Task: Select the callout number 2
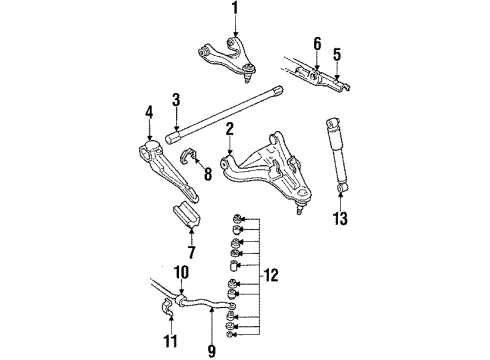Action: point(229,129)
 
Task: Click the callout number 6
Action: point(317,43)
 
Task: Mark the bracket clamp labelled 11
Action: point(169,318)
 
